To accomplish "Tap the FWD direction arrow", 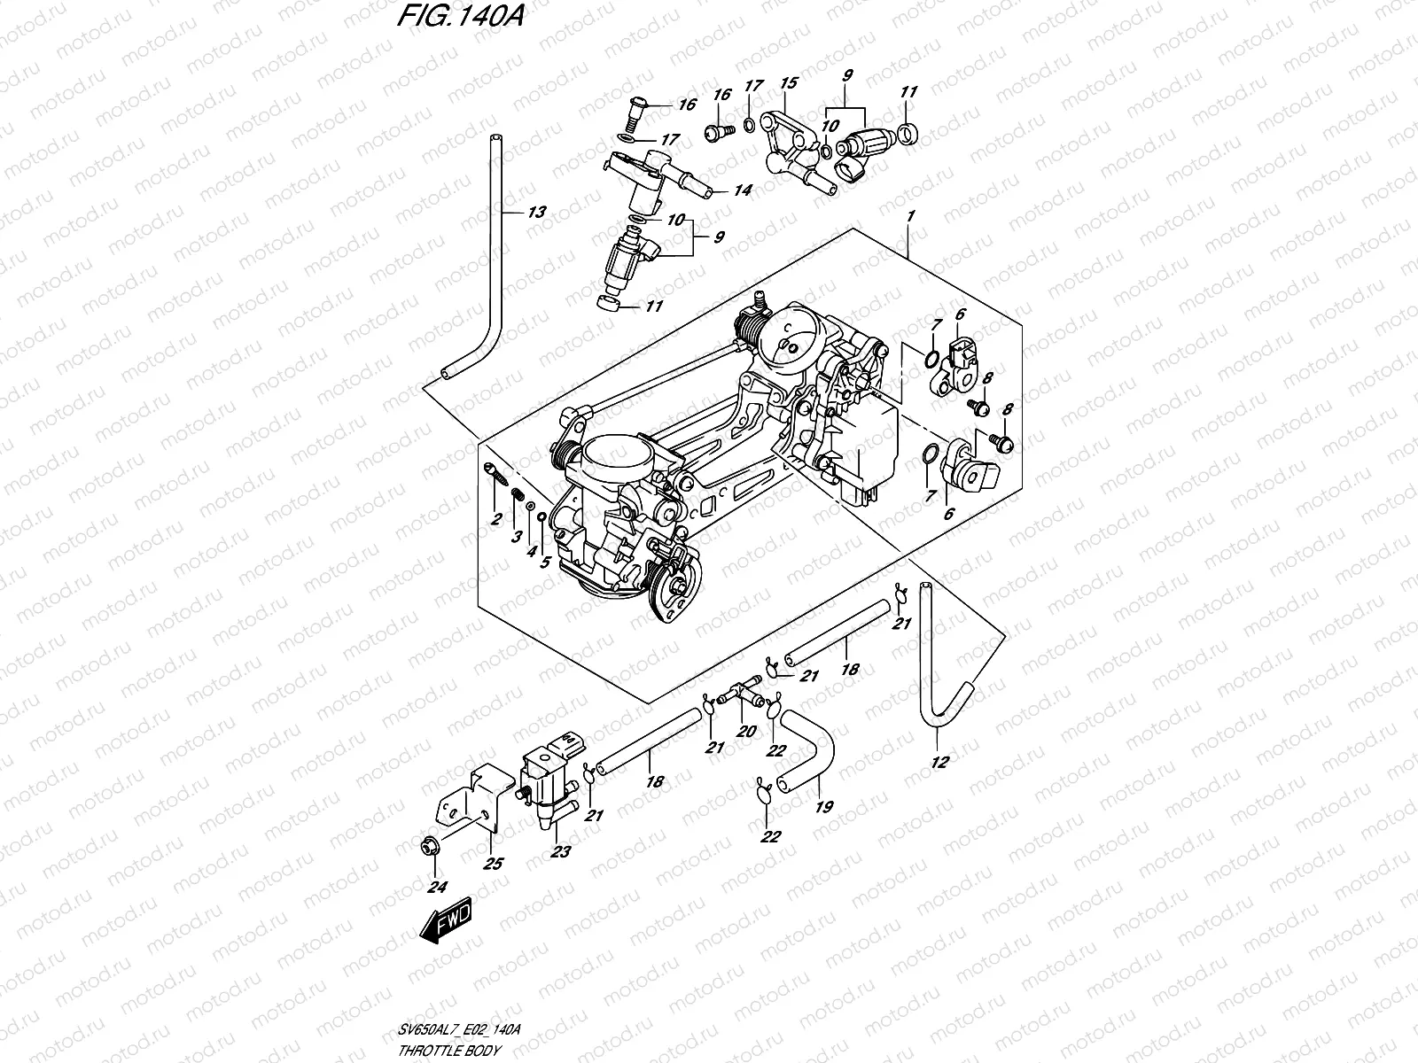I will click(448, 921).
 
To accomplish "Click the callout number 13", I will click(536, 213).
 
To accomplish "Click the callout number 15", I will click(788, 83).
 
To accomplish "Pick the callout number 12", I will click(940, 762).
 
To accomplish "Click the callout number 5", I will click(546, 562).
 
